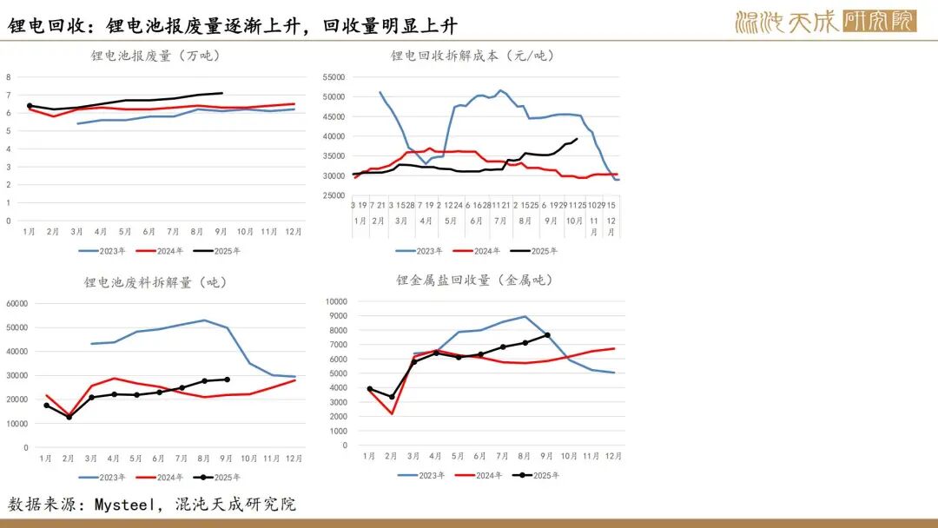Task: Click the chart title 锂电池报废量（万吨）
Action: tap(155, 56)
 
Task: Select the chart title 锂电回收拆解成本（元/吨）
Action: tap(472, 56)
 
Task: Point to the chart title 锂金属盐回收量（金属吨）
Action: tap(474, 280)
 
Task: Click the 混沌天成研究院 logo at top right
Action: tap(825, 21)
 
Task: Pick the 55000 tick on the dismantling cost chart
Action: tap(333, 76)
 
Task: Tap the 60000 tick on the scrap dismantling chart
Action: tap(17, 304)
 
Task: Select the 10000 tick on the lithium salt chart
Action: tap(335, 301)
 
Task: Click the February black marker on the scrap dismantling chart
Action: tap(69, 417)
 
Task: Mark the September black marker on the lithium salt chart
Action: tap(547, 335)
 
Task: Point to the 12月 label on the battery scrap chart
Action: tap(294, 232)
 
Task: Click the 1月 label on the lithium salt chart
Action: tap(369, 456)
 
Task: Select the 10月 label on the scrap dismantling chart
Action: tap(249, 459)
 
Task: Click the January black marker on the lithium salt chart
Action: tap(369, 389)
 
